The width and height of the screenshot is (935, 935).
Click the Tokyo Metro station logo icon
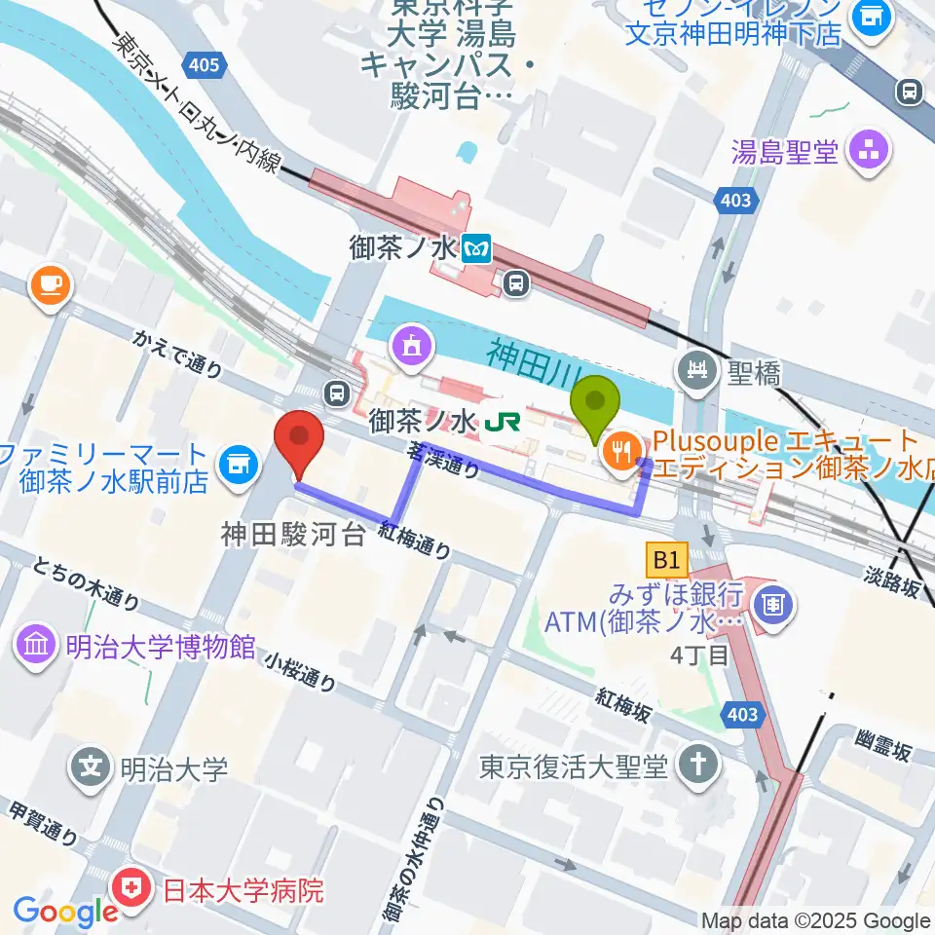[x=477, y=249]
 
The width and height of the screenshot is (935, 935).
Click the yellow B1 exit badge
[x=665, y=560]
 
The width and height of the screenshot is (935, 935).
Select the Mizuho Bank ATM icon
[x=775, y=603]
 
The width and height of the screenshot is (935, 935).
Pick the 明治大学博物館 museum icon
[x=36, y=645]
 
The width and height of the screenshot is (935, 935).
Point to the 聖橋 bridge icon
[x=698, y=370]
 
